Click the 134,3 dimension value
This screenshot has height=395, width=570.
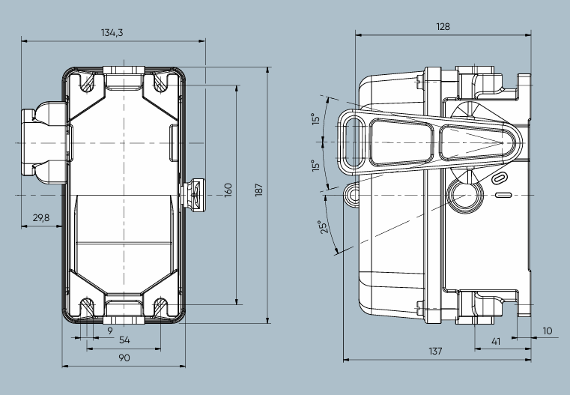coord(112,32)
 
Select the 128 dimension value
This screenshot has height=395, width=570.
coord(443,26)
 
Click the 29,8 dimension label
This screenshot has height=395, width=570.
coord(41,218)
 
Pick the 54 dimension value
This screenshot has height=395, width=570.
coord(125,341)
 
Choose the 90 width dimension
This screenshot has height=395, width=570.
coord(124,358)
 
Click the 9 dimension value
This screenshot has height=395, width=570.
coord(110,330)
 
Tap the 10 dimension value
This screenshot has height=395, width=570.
coord(547,330)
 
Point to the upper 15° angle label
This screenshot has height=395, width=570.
coord(316,120)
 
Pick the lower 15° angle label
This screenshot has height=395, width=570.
coord(316,165)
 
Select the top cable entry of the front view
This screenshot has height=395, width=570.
coord(124,76)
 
